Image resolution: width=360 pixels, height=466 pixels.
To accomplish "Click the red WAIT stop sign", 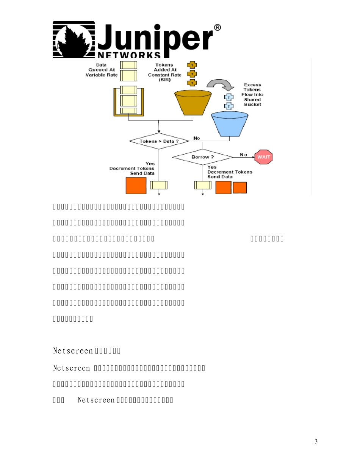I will [264, 156].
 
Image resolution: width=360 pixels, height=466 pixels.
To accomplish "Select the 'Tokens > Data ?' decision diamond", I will [159, 141].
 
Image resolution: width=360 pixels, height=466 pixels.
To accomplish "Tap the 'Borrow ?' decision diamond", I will [202, 156].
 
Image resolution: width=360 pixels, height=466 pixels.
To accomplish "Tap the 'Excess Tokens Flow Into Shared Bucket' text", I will [252, 94].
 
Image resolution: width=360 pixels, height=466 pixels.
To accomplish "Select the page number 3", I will [316, 441].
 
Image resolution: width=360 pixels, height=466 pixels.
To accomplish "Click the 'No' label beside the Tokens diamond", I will [197, 138].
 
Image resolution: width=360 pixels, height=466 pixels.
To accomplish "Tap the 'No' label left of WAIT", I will [243, 155].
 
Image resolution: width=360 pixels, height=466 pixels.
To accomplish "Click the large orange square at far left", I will [136, 185].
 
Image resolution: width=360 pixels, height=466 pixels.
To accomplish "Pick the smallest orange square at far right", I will [239, 188].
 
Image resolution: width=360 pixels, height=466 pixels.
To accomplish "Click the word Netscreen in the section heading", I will [73, 350].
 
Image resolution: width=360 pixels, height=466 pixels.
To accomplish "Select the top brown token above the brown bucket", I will [192, 65].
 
